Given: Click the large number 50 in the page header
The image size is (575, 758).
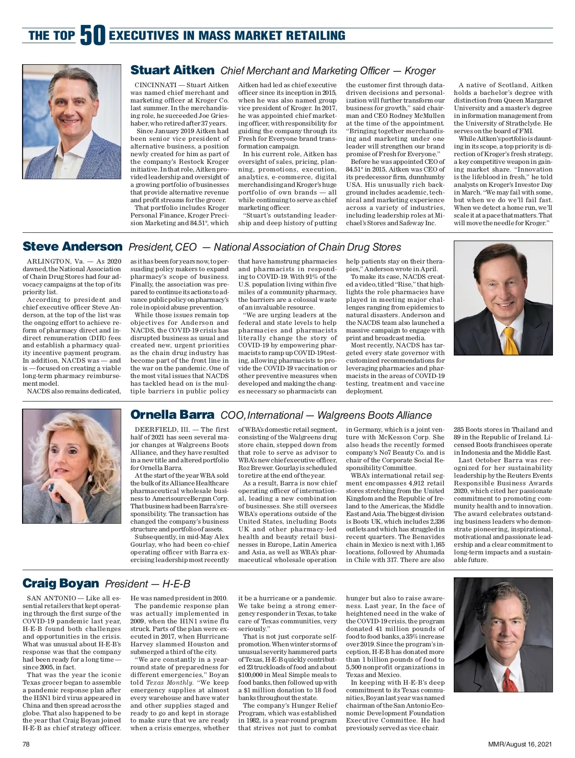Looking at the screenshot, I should tap(92, 35).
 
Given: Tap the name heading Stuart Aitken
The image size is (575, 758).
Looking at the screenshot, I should tap(172, 70).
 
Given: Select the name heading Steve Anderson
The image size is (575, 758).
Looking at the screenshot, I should tap(72, 247).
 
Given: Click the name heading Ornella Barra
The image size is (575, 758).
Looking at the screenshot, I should tap(172, 414).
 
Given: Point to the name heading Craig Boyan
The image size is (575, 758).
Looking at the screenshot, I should tap(60, 583).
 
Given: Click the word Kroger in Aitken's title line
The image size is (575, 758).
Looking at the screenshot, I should tap(420, 71).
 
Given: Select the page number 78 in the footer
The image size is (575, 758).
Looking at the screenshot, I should tap(26, 744).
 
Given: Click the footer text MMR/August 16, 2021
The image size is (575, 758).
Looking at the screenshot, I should tap(519, 744).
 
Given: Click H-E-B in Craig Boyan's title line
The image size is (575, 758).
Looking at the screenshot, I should tap(176, 584).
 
